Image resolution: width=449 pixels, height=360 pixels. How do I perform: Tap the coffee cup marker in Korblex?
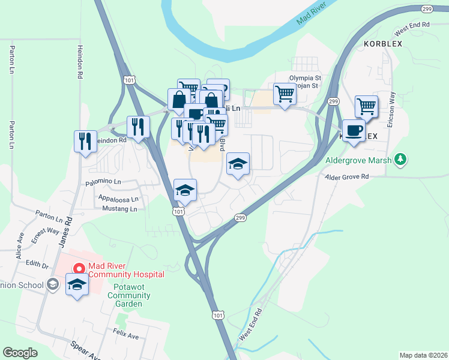[x=354, y=130]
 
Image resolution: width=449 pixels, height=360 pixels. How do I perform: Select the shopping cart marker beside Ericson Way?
[x=366, y=107]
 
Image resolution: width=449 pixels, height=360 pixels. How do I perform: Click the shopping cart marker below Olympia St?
[x=285, y=94]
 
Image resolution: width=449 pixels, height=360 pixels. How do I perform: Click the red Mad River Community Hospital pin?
[x=77, y=269]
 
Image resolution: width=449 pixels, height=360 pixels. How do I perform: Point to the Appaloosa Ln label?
[x=117, y=199]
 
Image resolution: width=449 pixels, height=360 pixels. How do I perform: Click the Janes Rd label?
[x=67, y=230]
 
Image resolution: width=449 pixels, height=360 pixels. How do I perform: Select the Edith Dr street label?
[x=36, y=264]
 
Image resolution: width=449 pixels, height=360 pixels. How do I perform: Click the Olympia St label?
[x=306, y=78]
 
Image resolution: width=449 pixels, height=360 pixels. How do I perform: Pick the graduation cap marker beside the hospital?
[x=77, y=286]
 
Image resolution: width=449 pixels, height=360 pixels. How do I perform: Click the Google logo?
[x=20, y=353]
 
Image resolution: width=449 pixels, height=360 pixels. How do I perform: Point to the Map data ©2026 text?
[x=423, y=355]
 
